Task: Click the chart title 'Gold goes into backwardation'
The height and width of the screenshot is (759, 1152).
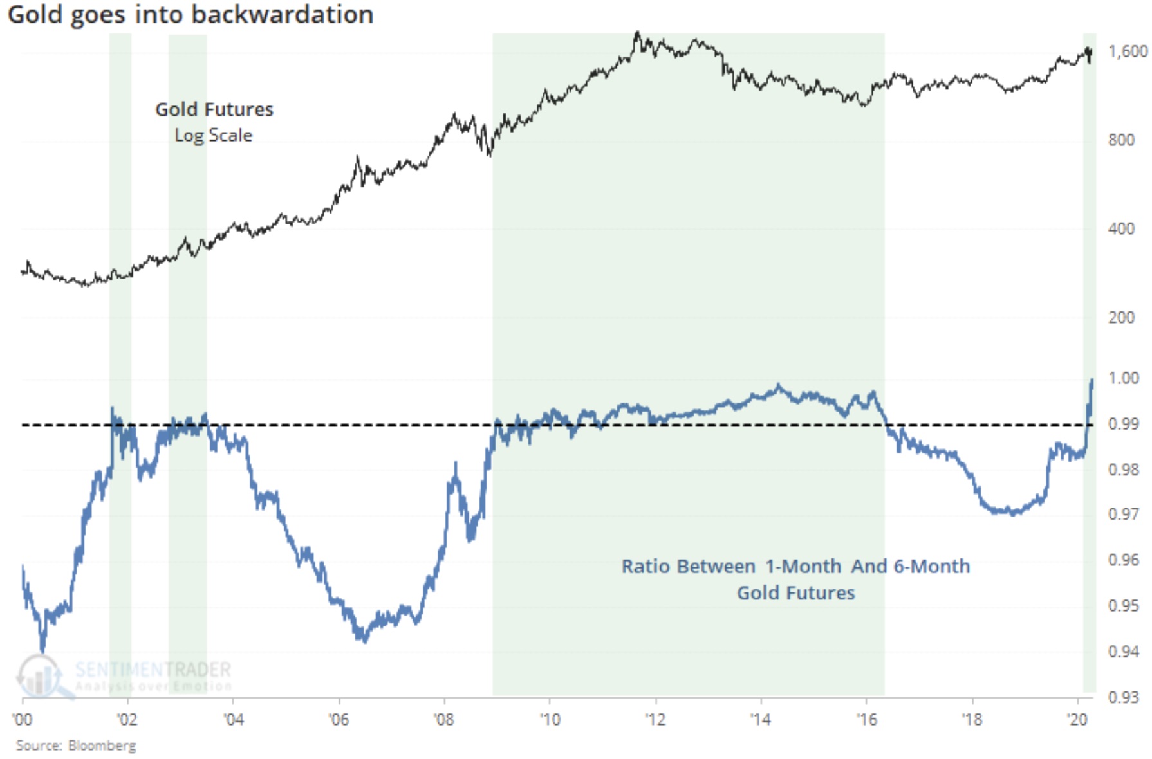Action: coord(190,14)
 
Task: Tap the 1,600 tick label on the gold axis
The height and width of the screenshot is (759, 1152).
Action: coord(1127,51)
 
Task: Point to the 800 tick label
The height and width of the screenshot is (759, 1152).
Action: coord(1121,140)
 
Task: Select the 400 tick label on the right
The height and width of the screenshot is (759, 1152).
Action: coord(1121,229)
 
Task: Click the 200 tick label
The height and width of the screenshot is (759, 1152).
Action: coord(1121,318)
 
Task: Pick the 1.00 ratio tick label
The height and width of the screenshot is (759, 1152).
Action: coord(1123,378)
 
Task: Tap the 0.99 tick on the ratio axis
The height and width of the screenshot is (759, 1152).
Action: coord(1123,424)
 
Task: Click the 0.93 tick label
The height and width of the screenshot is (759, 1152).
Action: coord(1123,697)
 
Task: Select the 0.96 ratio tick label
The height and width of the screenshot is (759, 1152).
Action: coord(1123,560)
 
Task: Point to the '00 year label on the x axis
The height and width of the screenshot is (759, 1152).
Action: coord(22,719)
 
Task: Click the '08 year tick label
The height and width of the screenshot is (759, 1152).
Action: coord(444,719)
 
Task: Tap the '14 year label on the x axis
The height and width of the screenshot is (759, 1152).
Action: coord(760,719)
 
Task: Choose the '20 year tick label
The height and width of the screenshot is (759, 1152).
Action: coord(1077,719)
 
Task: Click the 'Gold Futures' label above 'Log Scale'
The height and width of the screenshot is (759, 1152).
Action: coord(214,109)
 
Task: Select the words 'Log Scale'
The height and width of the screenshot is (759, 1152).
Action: coord(214,135)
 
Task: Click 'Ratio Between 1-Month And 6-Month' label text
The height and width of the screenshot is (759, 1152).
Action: coord(795,566)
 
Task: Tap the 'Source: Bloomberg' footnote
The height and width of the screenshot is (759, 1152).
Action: coord(76,745)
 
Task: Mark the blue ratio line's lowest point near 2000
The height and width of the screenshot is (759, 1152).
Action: coord(43,650)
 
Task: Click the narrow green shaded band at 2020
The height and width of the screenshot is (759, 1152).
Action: coord(1089,257)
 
